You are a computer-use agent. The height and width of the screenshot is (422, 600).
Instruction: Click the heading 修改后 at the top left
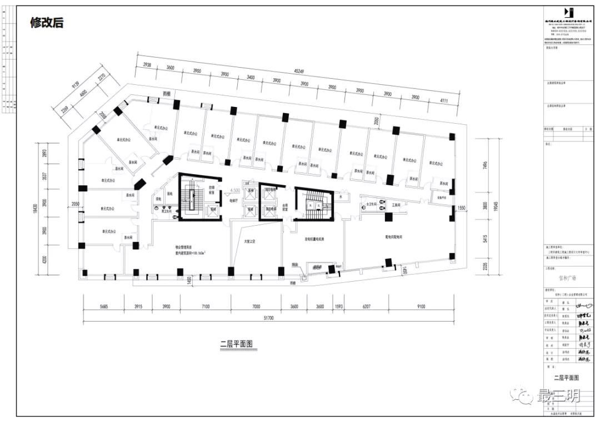47,23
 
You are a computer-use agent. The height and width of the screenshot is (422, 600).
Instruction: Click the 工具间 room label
397,205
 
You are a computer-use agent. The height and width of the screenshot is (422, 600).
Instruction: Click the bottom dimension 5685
101,306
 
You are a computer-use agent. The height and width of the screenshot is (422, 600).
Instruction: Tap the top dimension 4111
443,100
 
